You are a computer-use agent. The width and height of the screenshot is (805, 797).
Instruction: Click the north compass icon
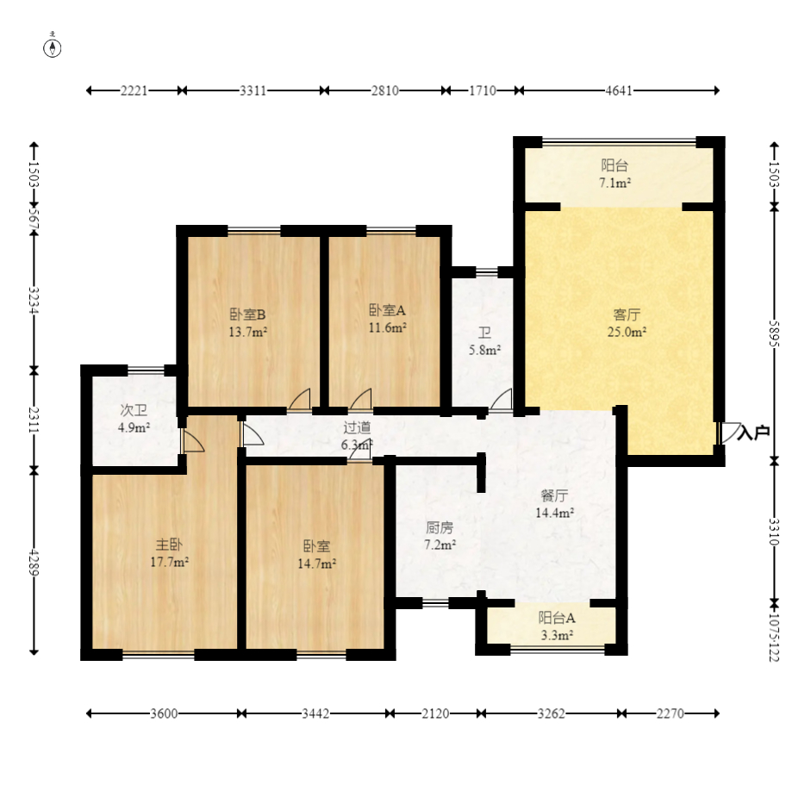pos(53,47)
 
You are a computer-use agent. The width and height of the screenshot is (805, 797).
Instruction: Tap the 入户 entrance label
pos(753,433)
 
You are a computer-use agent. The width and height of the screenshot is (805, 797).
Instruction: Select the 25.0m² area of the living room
pos(627,332)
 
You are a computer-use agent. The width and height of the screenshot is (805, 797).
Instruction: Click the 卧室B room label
pos(247,314)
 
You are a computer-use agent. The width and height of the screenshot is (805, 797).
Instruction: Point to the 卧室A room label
pos(388,310)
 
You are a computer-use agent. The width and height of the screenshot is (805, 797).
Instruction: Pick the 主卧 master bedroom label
pos(169,545)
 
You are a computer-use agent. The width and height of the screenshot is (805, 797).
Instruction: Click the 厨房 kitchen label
pos(440,527)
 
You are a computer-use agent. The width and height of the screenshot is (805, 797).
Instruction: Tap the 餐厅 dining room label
pos(554,495)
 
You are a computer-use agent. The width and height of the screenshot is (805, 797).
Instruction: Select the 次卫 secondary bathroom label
pos(134,410)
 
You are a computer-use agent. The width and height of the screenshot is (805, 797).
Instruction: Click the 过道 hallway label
pos(357,427)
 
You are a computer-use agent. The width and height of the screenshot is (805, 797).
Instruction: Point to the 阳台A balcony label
pos(557,618)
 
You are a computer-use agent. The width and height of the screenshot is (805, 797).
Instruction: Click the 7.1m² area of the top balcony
pos(615,184)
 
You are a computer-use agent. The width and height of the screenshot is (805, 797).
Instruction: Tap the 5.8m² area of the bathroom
pos(484,351)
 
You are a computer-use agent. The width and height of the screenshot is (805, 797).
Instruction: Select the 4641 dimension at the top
pos(619,90)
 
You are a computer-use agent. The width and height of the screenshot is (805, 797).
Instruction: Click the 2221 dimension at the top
pos(134,90)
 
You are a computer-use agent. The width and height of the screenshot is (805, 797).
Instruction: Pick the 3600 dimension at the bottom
pos(164,713)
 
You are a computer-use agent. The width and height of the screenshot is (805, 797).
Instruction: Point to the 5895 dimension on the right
pos(774,333)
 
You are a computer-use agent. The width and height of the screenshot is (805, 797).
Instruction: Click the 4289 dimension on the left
pos(34,563)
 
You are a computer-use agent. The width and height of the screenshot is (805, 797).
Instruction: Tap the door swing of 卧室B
pos(300,401)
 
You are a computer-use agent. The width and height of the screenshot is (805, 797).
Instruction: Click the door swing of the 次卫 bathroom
pos(192,441)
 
